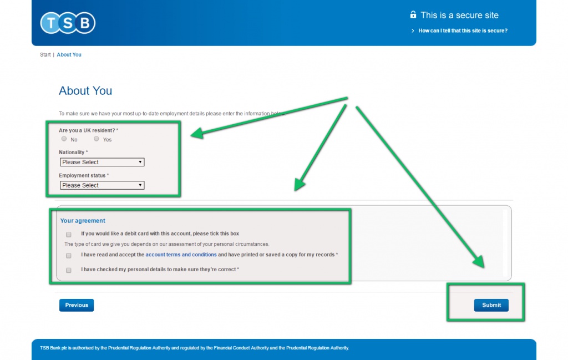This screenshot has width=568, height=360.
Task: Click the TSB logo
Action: tap(68, 23)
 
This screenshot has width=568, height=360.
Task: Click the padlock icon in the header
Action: tap(413, 14)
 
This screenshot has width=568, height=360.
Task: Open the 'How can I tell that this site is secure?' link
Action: tap(463, 31)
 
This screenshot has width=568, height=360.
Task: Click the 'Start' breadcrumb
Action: tap(45, 55)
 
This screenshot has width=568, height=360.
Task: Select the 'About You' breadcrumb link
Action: tap(69, 55)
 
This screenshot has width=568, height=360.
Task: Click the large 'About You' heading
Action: tap(85, 90)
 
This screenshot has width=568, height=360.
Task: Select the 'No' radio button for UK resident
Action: tap(64, 139)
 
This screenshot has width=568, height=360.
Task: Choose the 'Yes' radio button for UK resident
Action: tap(97, 139)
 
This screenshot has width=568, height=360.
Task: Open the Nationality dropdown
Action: tap(102, 163)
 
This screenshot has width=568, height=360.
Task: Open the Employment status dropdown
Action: tap(102, 185)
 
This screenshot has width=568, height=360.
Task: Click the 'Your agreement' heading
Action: tap(83, 221)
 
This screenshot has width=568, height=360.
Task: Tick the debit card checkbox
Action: tap(68, 234)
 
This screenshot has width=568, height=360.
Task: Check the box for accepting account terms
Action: tap(68, 255)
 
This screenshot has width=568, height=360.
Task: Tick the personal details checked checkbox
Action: tap(68, 270)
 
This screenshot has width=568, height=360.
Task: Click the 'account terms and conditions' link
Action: tap(181, 255)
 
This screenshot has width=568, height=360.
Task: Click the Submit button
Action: tap(491, 305)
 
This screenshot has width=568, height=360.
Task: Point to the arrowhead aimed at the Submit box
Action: tap(479, 261)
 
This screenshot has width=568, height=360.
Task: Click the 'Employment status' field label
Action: tap(82, 175)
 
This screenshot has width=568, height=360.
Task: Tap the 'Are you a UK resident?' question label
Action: tap(87, 130)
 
